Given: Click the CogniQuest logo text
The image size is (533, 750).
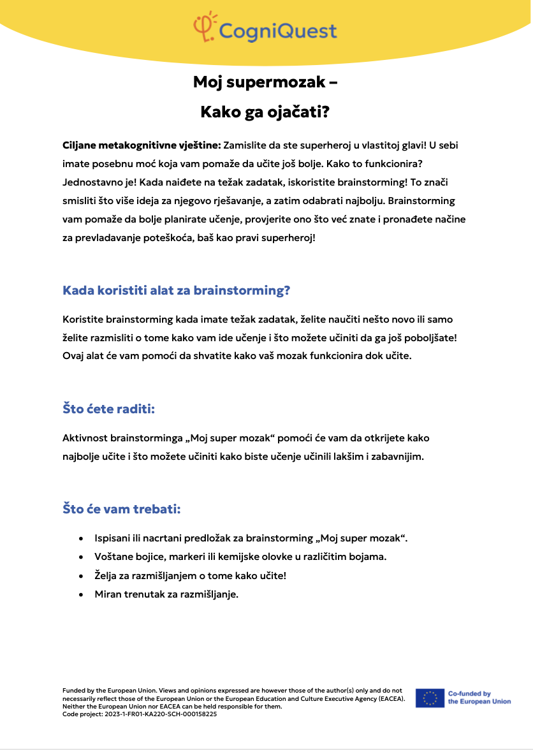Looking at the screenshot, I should tap(277, 30).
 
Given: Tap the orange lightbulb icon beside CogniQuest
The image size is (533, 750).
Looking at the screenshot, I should tap(204, 26).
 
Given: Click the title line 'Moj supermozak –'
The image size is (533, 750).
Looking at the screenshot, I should tap(265, 82).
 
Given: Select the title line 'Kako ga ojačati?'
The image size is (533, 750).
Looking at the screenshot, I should tap(265, 112).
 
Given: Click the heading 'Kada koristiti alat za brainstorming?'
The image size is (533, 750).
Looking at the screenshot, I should tap(177, 291).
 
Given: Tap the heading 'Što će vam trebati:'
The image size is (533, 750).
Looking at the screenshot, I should tap(122, 509).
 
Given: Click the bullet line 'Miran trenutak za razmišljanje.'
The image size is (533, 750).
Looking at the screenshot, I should tap(166, 594).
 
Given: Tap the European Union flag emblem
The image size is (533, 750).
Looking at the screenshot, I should tap(430, 698).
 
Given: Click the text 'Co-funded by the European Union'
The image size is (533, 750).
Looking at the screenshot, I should tap(479, 698).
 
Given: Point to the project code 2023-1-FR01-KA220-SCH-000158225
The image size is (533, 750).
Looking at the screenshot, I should tap(140, 714).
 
